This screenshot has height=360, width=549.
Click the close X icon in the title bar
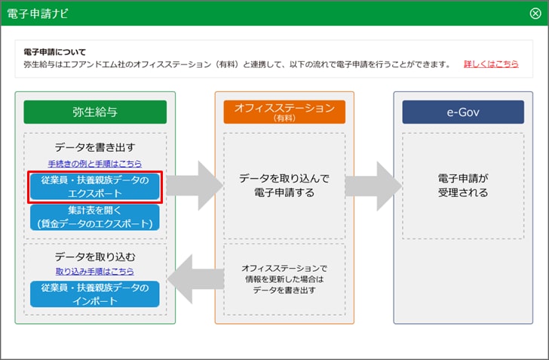(x=535, y=14)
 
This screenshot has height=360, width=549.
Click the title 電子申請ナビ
(x=38, y=14)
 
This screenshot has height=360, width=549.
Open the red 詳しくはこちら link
(x=491, y=64)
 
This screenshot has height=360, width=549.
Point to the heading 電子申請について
(x=54, y=52)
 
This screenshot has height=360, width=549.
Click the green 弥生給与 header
(x=95, y=112)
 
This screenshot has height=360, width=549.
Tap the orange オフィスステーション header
(x=284, y=112)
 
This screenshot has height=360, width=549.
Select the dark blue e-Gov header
(x=463, y=112)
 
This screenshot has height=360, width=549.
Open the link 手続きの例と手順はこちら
(x=95, y=164)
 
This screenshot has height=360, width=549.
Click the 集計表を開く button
(x=95, y=217)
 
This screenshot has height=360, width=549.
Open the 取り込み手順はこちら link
(x=95, y=271)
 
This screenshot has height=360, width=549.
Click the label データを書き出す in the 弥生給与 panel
(x=95, y=147)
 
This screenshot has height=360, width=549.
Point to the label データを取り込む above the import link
(x=95, y=257)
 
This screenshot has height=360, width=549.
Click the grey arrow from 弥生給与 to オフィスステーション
(x=195, y=186)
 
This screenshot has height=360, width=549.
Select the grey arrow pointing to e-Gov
(x=373, y=186)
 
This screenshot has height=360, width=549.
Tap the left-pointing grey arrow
(x=196, y=279)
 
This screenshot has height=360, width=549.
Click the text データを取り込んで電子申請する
(x=284, y=186)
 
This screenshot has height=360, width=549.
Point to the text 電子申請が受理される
(x=463, y=186)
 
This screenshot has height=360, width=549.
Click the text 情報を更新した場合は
(x=284, y=279)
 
